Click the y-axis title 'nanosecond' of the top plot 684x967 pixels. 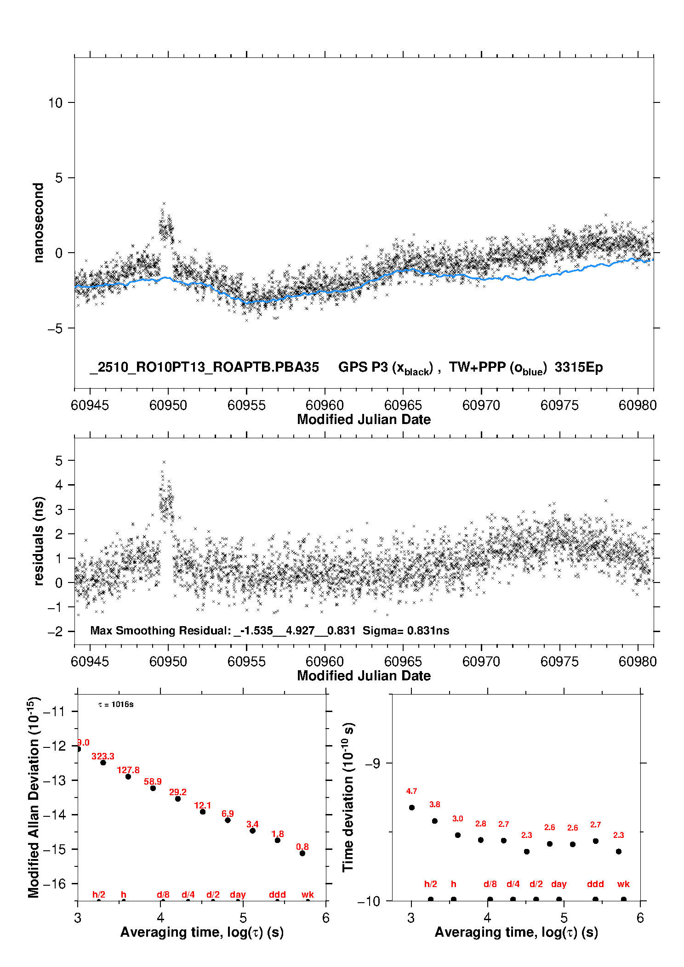(x=39, y=223)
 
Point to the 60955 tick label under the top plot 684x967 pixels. (x=246, y=405)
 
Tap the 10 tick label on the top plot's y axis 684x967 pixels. (x=55, y=103)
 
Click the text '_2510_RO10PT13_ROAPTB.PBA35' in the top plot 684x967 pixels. (x=204, y=367)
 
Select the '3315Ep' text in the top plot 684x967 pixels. (x=578, y=367)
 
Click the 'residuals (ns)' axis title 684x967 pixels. (x=39, y=541)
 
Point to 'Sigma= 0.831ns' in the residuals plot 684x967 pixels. (x=405, y=630)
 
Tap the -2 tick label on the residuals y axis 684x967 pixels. (x=55, y=632)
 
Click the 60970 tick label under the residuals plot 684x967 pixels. (x=481, y=662)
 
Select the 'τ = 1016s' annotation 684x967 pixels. (x=116, y=704)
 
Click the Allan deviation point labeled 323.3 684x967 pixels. (x=103, y=763)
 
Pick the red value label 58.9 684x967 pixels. (x=153, y=781)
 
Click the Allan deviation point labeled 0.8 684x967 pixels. (x=302, y=853)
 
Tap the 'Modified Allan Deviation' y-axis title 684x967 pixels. (x=34, y=797)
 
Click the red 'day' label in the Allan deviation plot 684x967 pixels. (x=238, y=894)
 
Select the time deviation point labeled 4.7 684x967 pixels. (x=411, y=808)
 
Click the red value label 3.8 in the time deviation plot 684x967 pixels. (x=434, y=804)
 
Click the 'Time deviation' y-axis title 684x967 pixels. (x=348, y=797)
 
